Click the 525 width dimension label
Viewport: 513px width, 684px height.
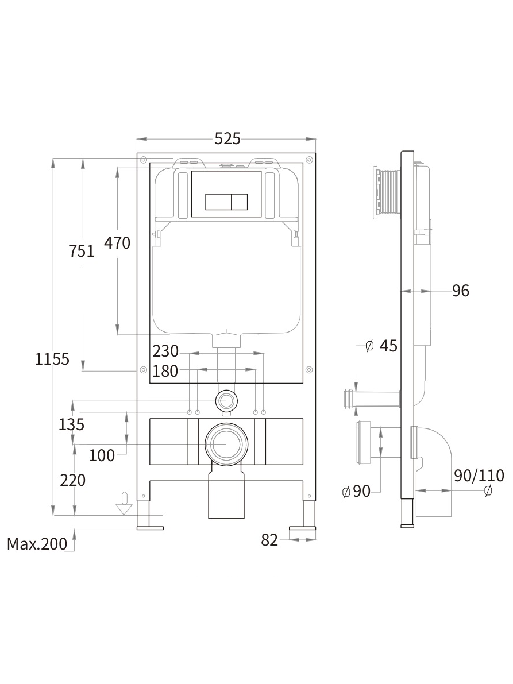(x=227, y=138)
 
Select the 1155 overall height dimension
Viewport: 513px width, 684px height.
(x=52, y=360)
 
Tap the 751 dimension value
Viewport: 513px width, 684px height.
(x=82, y=251)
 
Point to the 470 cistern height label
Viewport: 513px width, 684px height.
(x=117, y=243)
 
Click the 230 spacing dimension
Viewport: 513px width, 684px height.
(x=165, y=350)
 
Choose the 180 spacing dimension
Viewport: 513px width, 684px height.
(x=165, y=371)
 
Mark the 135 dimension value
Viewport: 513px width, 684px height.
(x=72, y=424)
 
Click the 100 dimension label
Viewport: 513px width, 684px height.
(x=102, y=455)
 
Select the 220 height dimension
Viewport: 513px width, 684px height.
(x=72, y=480)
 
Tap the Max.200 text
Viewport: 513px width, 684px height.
(x=37, y=543)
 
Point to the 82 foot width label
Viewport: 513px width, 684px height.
(x=269, y=540)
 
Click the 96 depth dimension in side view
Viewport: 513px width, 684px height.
(x=460, y=291)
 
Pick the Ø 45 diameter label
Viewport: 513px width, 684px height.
(x=381, y=346)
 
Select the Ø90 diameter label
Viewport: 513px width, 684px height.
(x=356, y=492)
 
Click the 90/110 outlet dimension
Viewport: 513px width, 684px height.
(x=479, y=476)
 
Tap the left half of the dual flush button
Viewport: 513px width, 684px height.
(x=218, y=202)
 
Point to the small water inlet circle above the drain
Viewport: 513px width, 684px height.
(x=226, y=401)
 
